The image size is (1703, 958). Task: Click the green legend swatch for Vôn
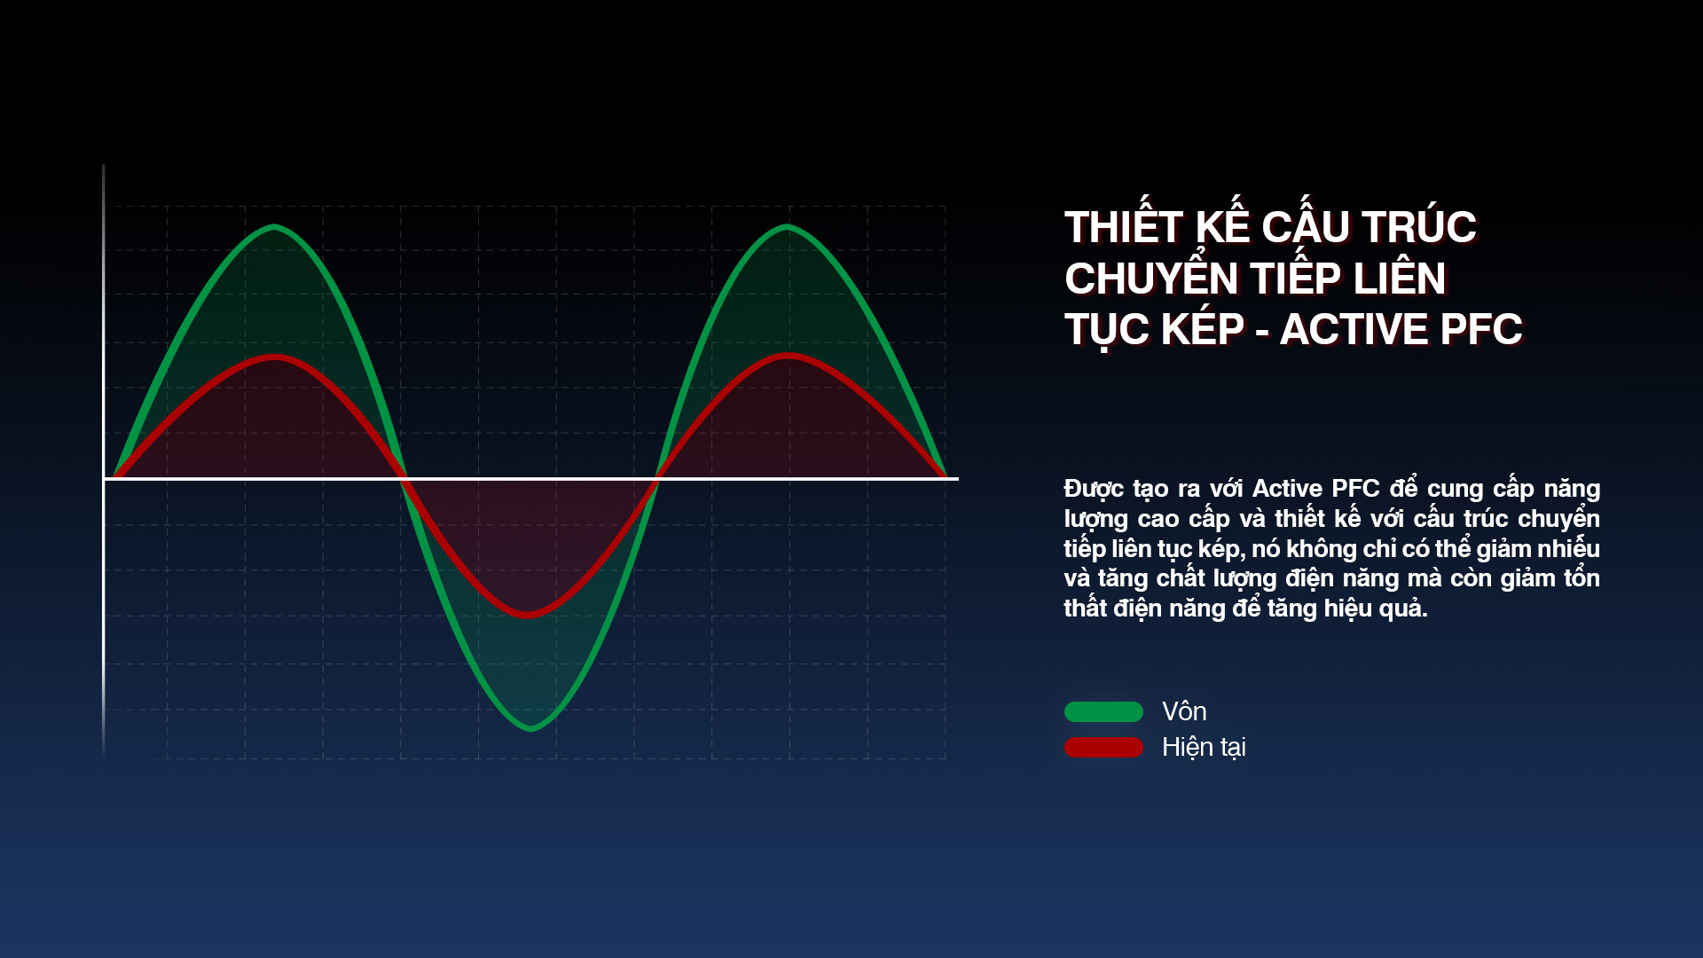coord(1103,711)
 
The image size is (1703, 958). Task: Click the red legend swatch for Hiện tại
coord(1103,747)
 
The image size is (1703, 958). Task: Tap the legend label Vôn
coord(1184,711)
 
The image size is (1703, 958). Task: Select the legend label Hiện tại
coord(1204,748)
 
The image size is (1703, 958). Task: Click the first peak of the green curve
coord(274,228)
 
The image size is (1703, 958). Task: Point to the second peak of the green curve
coord(787,228)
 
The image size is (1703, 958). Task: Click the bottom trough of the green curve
coord(530,728)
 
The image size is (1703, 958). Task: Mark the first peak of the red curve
coord(275,357)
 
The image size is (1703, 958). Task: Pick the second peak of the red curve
coord(788,357)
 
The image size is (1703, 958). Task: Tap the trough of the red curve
coord(529,614)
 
